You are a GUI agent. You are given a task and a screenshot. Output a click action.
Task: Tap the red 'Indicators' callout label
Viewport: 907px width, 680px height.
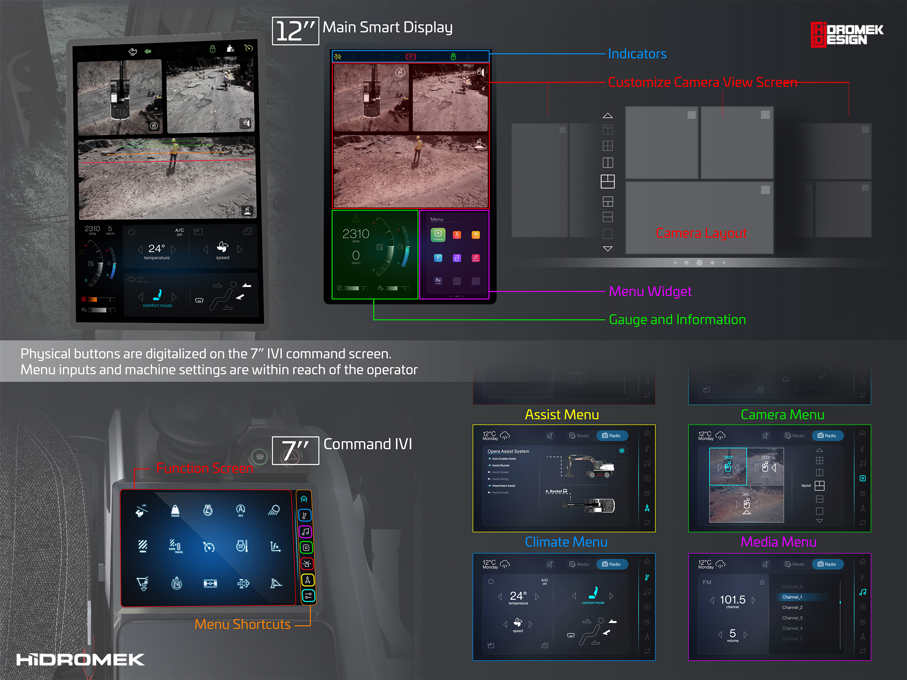[x=637, y=54]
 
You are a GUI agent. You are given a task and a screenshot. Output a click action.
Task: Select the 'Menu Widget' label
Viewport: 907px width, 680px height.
[x=650, y=292]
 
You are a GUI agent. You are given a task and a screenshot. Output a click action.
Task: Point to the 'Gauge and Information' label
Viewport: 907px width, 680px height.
[x=677, y=320]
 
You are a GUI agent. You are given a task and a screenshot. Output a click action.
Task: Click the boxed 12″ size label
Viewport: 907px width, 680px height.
[x=295, y=31]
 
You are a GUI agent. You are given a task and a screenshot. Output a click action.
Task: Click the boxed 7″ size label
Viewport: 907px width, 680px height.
[x=295, y=450]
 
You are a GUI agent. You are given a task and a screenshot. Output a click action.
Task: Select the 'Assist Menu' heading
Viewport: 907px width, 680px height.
[x=562, y=415]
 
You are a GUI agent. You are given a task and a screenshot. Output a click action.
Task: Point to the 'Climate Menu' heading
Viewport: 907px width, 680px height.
[x=566, y=542]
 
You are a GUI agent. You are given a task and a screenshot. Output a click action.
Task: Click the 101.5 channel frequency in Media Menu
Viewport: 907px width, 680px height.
[x=732, y=600]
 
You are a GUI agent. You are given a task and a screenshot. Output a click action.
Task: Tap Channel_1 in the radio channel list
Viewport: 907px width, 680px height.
[x=792, y=597]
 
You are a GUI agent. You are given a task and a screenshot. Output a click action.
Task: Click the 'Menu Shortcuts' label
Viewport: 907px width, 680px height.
[x=242, y=624]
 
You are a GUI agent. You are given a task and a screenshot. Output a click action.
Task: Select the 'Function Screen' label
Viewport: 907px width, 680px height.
[x=205, y=468]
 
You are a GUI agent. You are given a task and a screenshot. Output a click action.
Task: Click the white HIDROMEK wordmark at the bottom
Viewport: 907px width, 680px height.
[x=80, y=660]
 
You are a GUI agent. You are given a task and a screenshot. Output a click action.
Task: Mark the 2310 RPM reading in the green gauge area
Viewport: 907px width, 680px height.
[x=356, y=234]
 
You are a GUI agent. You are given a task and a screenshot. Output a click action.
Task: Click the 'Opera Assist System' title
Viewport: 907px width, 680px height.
[x=508, y=451]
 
